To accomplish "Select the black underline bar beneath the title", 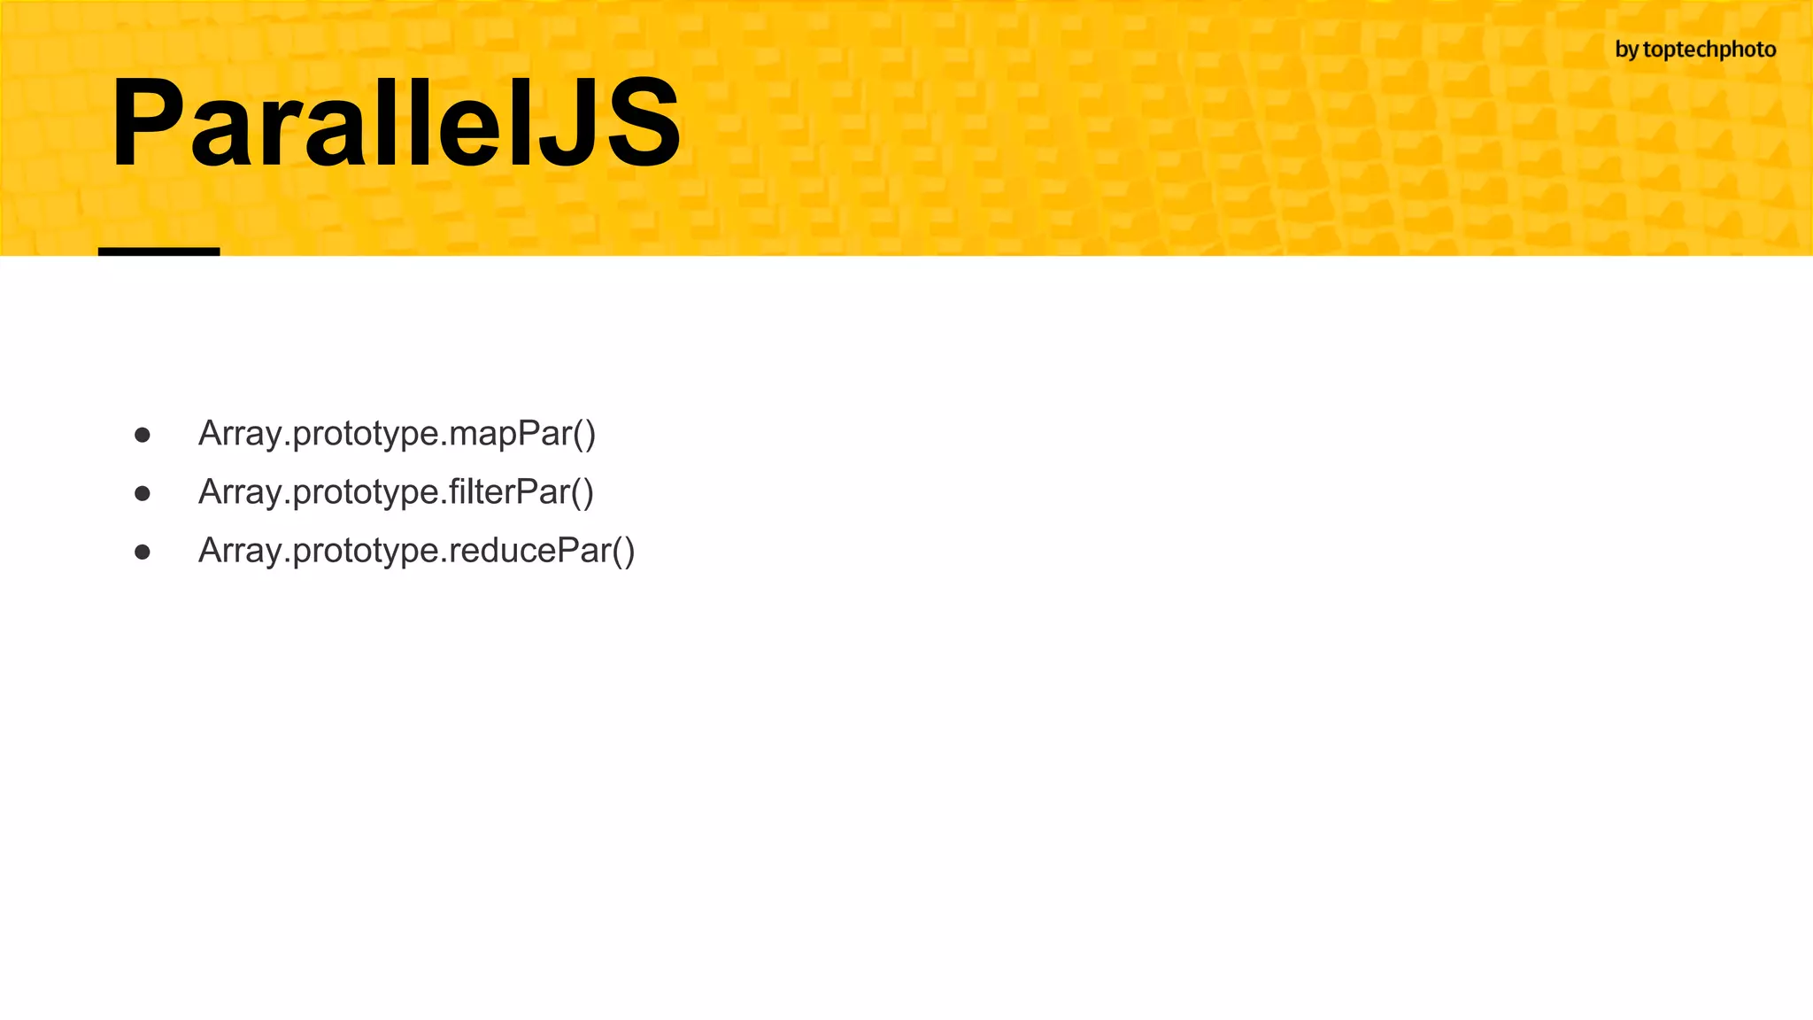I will pos(158,252).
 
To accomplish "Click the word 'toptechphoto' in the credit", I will pos(1709,50).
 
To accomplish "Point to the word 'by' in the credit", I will pos(1627,50).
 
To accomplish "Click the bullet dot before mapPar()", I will pos(143,435).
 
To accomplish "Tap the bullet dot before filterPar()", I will pos(143,493).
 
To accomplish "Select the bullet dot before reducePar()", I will pos(143,552).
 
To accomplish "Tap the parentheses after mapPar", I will pos(585,434).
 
